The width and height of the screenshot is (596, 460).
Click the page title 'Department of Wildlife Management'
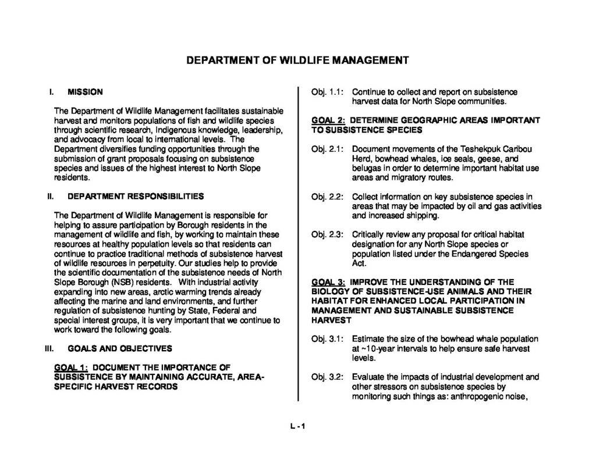pyautogui.click(x=297, y=60)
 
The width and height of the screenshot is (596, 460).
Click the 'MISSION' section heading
pyautogui.click(x=86, y=91)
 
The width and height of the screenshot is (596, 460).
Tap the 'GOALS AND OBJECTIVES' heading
pyautogui.click(x=119, y=348)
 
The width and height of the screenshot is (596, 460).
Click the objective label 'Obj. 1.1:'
pyautogui.click(x=327, y=92)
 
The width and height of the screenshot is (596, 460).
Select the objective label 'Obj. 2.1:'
pyautogui.click(x=327, y=149)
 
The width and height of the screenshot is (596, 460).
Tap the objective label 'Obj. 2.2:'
pyautogui.click(x=327, y=197)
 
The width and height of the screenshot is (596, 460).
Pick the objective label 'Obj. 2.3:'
pyautogui.click(x=327, y=235)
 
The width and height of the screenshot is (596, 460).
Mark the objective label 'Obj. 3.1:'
pyautogui.click(x=327, y=339)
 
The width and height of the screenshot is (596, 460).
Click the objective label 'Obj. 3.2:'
pyautogui.click(x=327, y=377)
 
